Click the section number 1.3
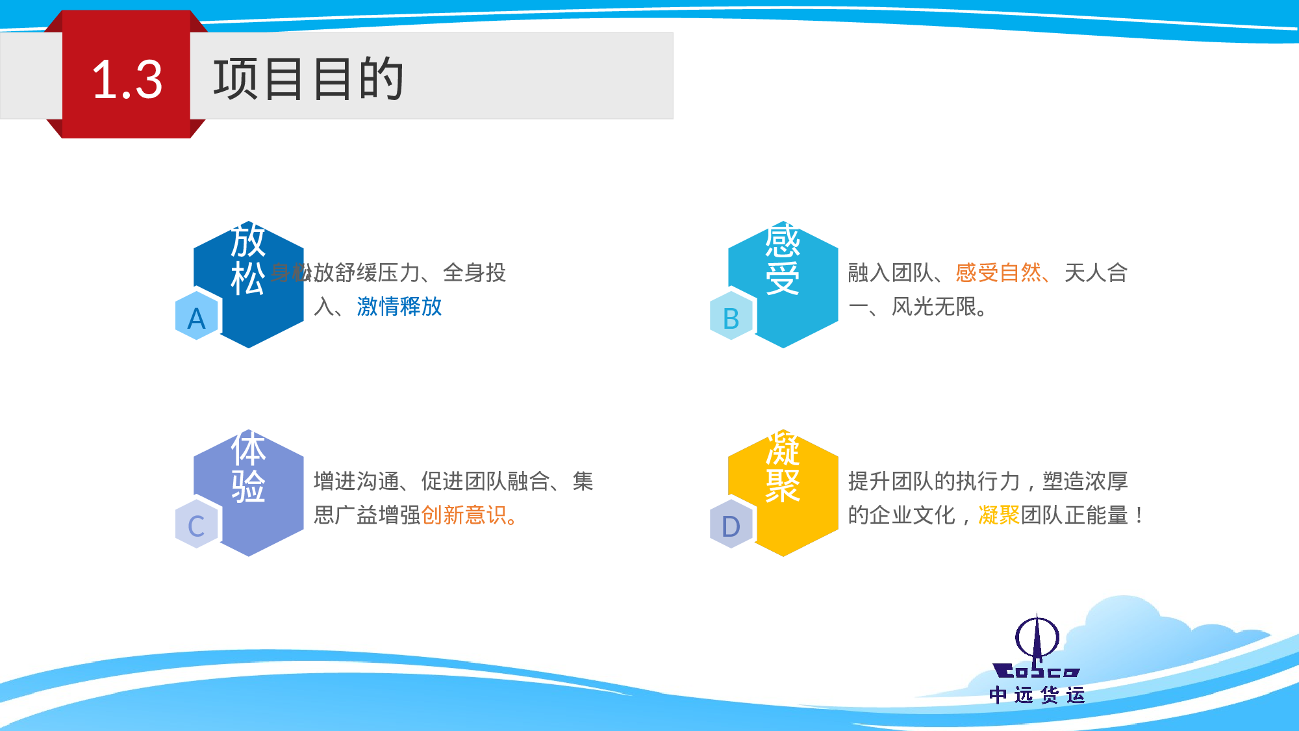point(127,80)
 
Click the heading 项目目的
point(309,79)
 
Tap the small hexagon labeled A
point(196,318)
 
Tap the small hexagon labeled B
point(731,318)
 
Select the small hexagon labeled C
point(196,526)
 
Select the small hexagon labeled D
point(731,526)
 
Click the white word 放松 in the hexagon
point(248,259)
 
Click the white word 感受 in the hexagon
point(782,259)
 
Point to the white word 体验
point(248,467)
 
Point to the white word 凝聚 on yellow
point(782,467)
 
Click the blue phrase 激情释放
point(399,306)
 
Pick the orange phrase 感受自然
point(998,272)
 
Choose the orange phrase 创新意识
point(464,515)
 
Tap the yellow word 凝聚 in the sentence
point(999,515)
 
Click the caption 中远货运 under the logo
point(1037,695)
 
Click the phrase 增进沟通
point(356,481)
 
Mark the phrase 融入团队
point(890,272)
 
